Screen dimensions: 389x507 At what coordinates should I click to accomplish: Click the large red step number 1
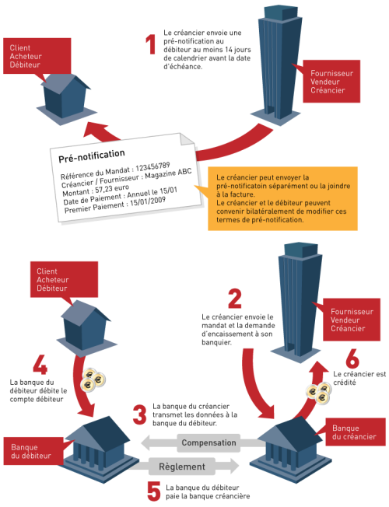tap(151, 44)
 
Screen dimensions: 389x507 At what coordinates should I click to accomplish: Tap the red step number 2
tap(235, 299)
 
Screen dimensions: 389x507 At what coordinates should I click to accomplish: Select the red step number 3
tap(139, 414)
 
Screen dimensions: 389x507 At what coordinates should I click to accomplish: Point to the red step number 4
tap(40, 365)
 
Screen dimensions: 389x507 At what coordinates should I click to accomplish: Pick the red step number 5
tap(154, 491)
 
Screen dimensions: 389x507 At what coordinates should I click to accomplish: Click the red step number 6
tap(352, 358)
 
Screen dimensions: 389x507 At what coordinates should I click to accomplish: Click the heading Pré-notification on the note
tap(92, 156)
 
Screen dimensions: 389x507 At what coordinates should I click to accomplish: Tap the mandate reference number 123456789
tap(152, 167)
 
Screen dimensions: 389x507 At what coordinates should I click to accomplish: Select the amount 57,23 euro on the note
tap(112, 189)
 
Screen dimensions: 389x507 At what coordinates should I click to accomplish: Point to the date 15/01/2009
tap(148, 201)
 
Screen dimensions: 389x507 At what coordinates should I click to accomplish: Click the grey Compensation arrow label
tap(209, 442)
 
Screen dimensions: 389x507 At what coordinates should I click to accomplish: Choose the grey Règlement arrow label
tap(182, 467)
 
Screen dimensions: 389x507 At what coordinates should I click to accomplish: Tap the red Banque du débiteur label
tap(33, 451)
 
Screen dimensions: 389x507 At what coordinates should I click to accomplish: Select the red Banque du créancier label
tap(356, 432)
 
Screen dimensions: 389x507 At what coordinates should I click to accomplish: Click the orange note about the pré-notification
tap(282, 198)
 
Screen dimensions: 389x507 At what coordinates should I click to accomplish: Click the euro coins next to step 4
tap(93, 379)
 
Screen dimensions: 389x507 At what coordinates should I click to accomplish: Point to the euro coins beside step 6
tap(319, 393)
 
